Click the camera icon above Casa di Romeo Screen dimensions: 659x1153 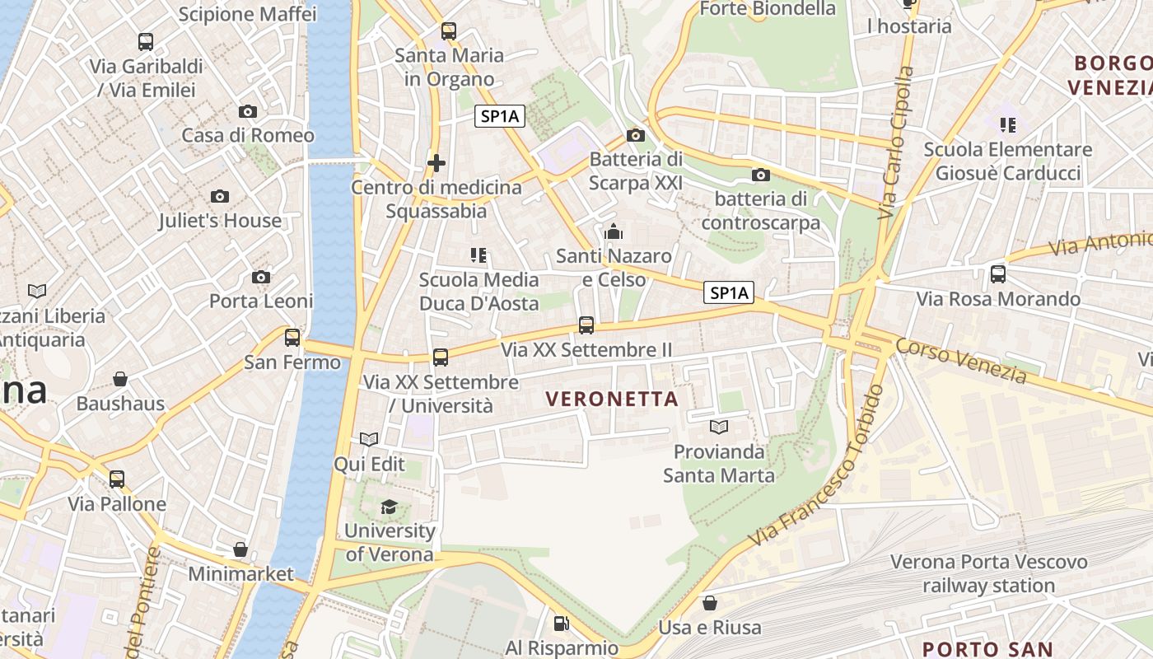click(x=247, y=111)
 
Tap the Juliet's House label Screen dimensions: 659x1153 click(x=220, y=221)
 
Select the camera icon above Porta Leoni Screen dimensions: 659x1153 click(x=261, y=277)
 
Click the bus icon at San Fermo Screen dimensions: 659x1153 click(x=292, y=337)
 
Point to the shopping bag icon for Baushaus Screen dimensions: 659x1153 click(x=120, y=379)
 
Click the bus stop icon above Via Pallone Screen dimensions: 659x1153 click(x=117, y=479)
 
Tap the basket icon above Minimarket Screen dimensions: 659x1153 click(x=240, y=549)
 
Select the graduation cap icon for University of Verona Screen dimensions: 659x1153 click(x=389, y=506)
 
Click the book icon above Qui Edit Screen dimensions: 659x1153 click(x=369, y=439)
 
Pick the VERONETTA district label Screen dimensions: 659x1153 click(x=612, y=400)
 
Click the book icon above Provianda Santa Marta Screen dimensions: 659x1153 click(x=719, y=427)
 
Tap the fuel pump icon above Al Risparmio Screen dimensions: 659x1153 click(x=561, y=624)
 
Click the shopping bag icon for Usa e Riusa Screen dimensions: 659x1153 click(x=709, y=603)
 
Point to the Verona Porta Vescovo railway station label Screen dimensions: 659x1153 click(x=988, y=574)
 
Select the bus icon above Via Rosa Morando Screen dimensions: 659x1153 click(x=998, y=273)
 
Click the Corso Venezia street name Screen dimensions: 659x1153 click(x=961, y=362)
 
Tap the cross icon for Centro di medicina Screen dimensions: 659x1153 click(x=436, y=163)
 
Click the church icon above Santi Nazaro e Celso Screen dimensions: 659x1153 click(x=614, y=231)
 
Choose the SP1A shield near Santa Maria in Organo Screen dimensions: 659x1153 click(x=500, y=117)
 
